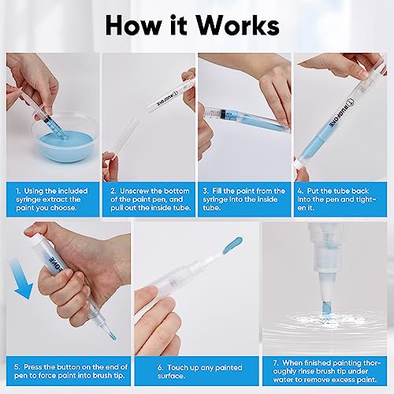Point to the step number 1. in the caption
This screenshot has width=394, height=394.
pyautogui.click(x=17, y=191)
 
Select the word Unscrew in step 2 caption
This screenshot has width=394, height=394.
pyautogui.click(x=135, y=191)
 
